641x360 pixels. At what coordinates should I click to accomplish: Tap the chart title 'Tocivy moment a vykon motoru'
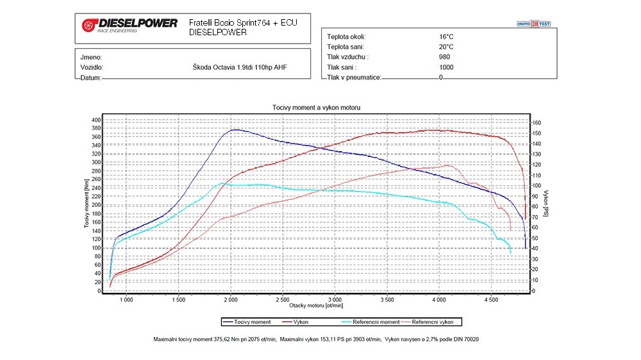pos(316,107)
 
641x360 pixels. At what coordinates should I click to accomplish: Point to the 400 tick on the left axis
pos(96,120)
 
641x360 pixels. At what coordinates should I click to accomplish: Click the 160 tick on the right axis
pos(537,123)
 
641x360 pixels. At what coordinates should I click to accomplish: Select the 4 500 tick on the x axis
pos(491,299)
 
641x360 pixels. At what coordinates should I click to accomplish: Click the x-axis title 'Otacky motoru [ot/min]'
pos(316,306)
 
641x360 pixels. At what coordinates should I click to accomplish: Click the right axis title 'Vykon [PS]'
pos(545,203)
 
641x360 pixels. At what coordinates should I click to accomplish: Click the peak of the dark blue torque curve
pos(235,129)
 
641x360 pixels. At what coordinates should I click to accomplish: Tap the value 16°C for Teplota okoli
pos(446,37)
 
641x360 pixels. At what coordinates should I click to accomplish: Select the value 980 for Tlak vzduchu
pos(445,56)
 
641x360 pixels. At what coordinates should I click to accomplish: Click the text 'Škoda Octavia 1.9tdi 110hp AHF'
pos(240,67)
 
